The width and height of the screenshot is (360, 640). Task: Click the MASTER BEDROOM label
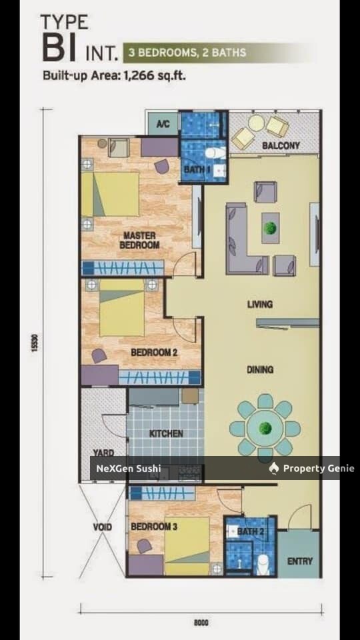[x=139, y=240]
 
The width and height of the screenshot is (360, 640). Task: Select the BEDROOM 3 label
[x=153, y=527]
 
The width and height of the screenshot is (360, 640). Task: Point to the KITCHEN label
[x=166, y=433]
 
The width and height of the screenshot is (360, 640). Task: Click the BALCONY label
[x=281, y=145]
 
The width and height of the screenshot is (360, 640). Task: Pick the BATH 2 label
[x=250, y=531]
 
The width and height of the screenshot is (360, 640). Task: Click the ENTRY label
[x=299, y=561]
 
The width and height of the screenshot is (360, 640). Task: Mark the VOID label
[x=102, y=527]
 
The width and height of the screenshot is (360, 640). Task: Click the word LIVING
[x=259, y=305]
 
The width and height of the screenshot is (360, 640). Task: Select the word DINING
[x=260, y=369]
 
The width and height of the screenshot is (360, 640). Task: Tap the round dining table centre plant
[x=265, y=427]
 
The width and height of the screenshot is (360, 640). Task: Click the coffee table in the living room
[x=270, y=227]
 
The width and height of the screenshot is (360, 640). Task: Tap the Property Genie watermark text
[x=318, y=469]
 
